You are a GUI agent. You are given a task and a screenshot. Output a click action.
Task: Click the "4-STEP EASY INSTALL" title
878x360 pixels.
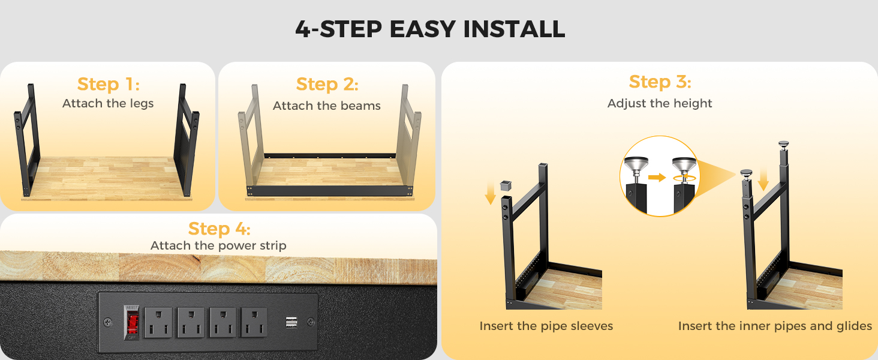[x=430, y=29]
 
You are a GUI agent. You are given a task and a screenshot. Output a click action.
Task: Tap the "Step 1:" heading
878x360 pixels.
[x=108, y=84]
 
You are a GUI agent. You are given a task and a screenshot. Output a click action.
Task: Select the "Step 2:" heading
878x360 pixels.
[x=327, y=84]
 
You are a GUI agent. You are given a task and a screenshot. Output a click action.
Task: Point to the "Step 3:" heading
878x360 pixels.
[x=660, y=82]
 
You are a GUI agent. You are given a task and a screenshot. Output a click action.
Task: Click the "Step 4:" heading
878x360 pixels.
[x=219, y=229]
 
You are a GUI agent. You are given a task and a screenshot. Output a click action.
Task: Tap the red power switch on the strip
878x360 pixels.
[x=133, y=322]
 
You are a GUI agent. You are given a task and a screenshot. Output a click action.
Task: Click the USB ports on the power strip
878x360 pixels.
[x=291, y=323]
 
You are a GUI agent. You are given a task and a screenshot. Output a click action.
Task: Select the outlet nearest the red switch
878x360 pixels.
[x=158, y=322]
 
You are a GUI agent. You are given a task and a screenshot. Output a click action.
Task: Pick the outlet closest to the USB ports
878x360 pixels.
[x=254, y=322]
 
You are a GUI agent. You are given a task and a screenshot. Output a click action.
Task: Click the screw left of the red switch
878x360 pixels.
[x=107, y=323]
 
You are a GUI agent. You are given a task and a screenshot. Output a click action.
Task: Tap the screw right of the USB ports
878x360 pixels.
[x=311, y=322]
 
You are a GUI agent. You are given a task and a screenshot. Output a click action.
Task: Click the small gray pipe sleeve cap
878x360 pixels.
[x=506, y=185]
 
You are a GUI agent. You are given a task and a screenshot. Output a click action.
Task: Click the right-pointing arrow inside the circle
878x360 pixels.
[x=657, y=177]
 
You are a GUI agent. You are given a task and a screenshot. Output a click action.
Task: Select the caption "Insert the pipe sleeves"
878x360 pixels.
[x=546, y=326]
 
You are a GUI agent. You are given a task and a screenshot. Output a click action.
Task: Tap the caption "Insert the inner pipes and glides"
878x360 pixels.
[x=775, y=326]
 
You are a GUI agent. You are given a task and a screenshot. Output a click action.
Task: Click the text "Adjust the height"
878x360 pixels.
[x=660, y=103]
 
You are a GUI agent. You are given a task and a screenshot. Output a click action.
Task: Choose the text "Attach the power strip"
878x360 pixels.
[x=218, y=245]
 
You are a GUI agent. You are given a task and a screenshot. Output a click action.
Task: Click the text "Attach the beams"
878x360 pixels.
[x=326, y=106]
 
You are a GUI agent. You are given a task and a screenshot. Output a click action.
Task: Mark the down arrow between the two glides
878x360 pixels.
[x=763, y=179]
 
